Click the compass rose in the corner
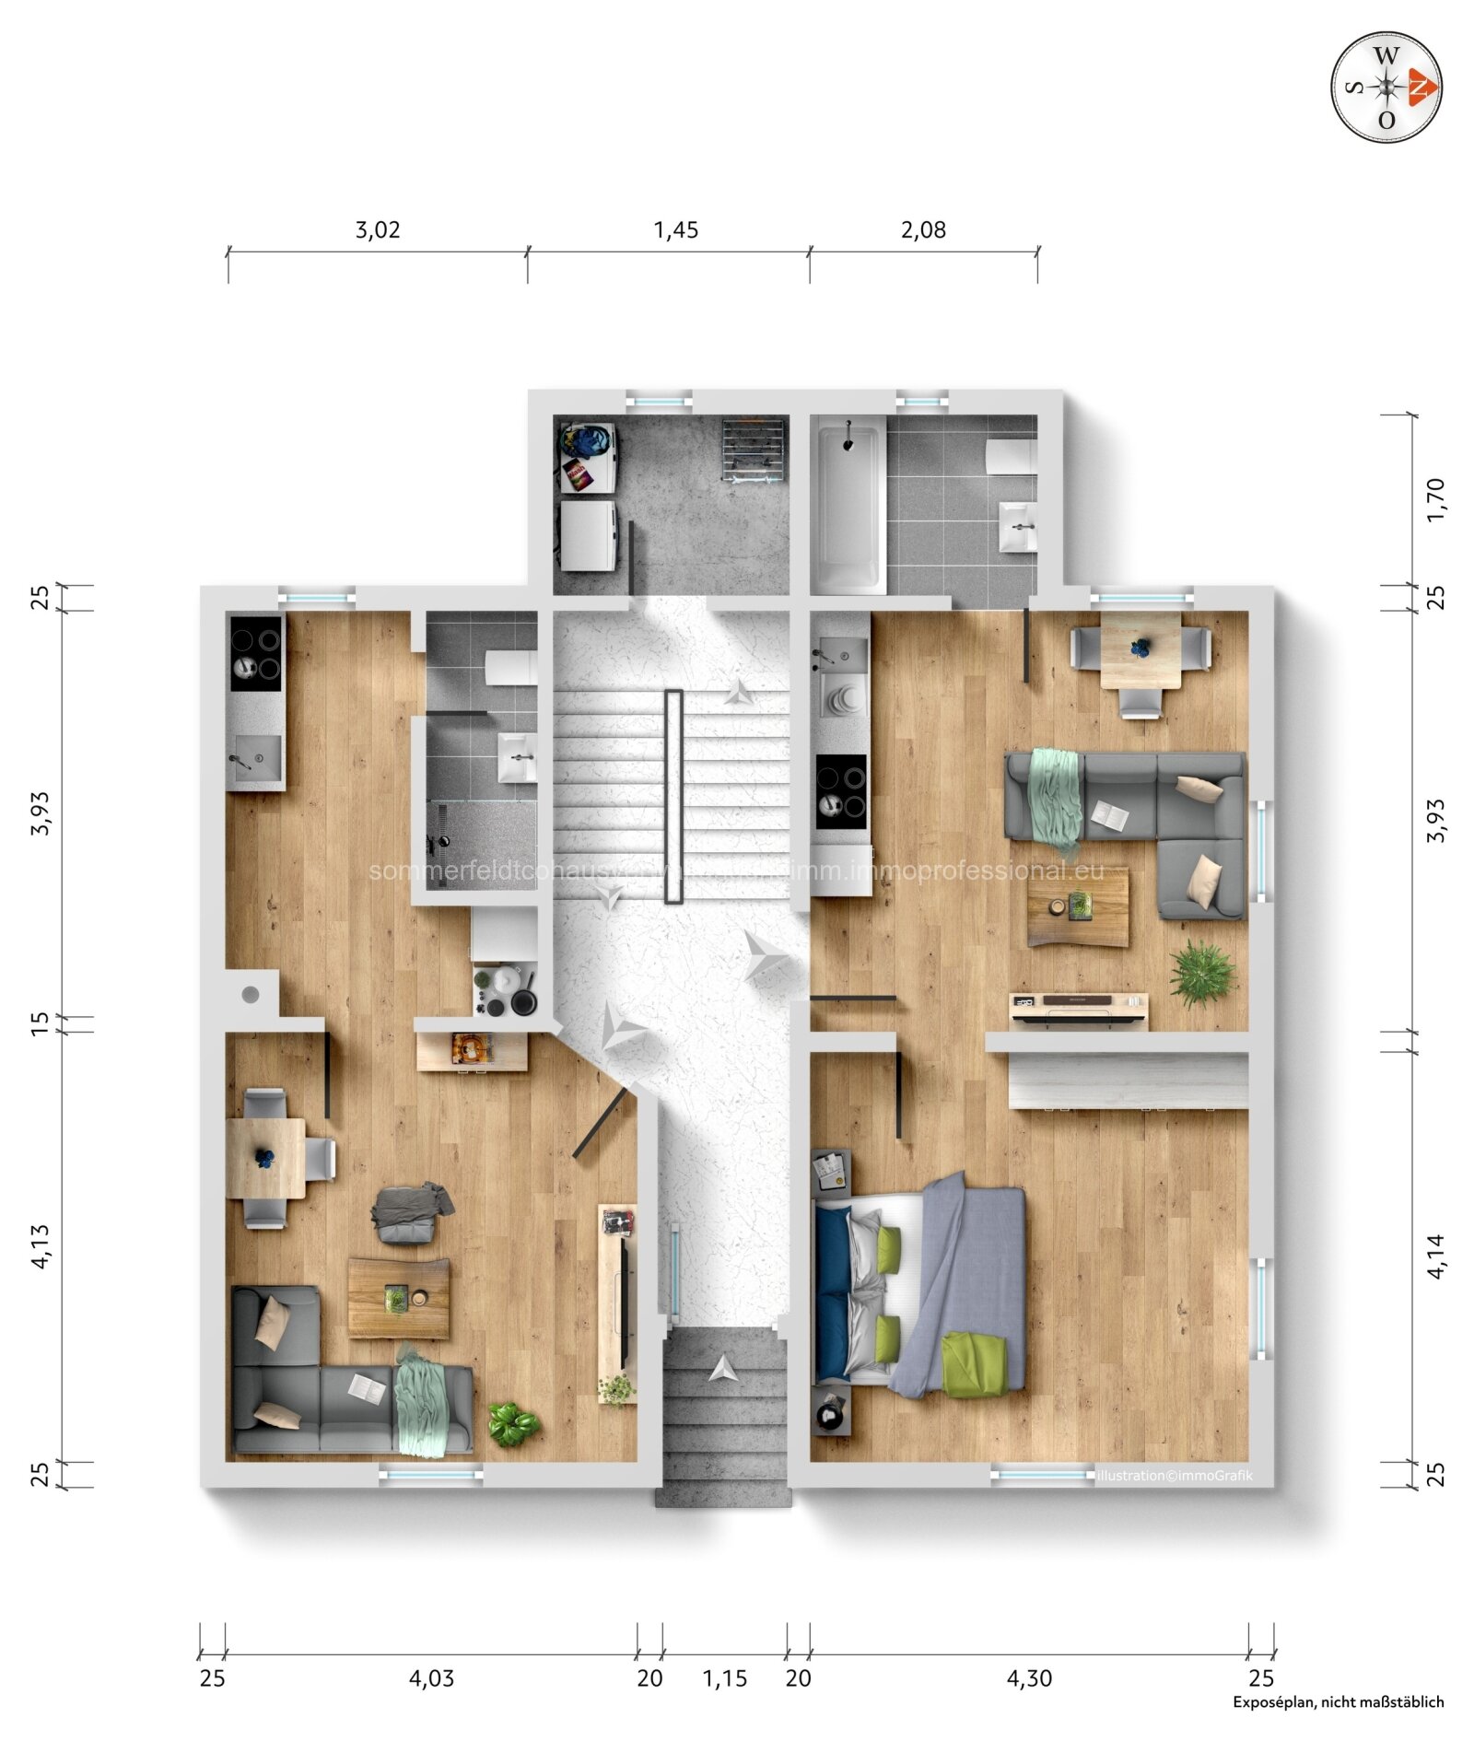click(1386, 88)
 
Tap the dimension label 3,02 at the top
click(378, 229)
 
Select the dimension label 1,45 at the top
click(675, 229)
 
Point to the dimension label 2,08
click(923, 229)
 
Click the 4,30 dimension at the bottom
click(1028, 1678)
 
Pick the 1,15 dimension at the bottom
click(724, 1678)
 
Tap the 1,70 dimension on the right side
click(1435, 499)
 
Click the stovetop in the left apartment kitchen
click(255, 652)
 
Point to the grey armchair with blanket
click(411, 1212)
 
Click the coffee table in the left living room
click(399, 1298)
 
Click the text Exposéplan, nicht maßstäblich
click(1338, 1702)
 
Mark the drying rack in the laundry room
click(754, 449)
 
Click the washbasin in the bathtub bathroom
click(1018, 526)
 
